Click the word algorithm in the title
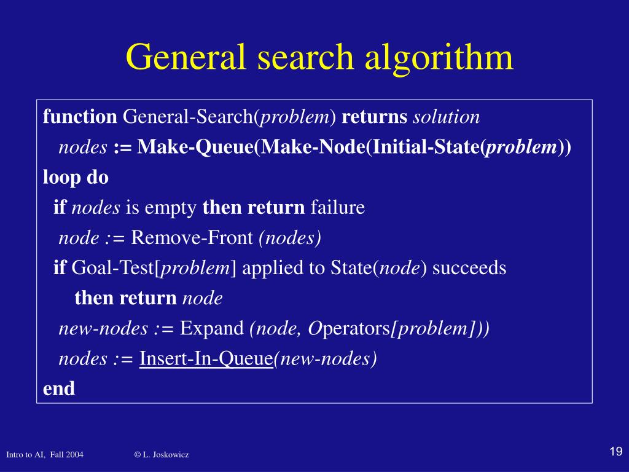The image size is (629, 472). pos(439,58)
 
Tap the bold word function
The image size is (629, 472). pos(80,117)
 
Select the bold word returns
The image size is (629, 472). pos(375,117)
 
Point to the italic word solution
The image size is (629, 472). pos(447,117)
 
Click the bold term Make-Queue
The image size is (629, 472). pos(195,147)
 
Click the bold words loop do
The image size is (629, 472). pos(76,178)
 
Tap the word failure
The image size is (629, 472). pos(338,208)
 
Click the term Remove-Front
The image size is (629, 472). pos(192,238)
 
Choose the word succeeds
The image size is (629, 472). pos(470,268)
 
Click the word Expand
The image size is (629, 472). pos(212,329)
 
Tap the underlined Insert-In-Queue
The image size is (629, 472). pos(206,359)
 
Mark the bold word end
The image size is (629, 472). pos(59,388)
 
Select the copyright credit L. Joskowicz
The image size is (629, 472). pos(162,455)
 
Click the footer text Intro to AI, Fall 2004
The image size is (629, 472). pos(45,455)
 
